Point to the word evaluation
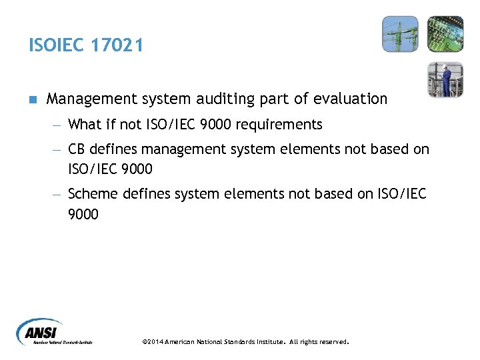click(349, 99)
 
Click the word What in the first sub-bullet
click(84, 125)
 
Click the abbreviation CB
click(78, 150)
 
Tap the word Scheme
click(92, 194)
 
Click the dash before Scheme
click(57, 194)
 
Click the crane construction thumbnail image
click(401, 35)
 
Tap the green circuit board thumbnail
click(445, 35)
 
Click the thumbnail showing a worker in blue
click(445, 79)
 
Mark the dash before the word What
click(57, 125)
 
